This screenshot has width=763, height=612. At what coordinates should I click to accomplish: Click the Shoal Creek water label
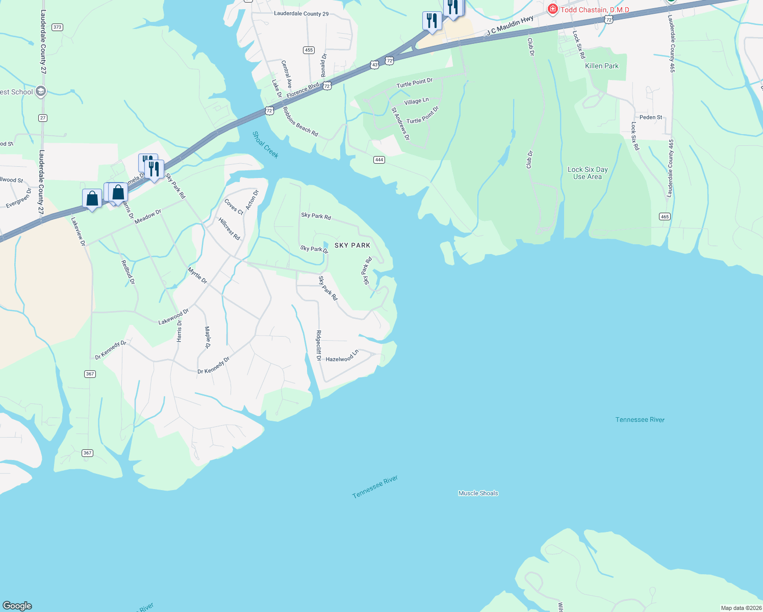266,145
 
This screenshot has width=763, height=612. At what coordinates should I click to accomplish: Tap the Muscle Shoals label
478,493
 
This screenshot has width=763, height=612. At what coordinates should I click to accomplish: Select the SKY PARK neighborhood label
352,245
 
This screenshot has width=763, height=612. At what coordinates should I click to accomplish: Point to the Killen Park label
602,66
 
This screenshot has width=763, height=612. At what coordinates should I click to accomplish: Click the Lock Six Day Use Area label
588,173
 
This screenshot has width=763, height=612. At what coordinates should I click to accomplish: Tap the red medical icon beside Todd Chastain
552,9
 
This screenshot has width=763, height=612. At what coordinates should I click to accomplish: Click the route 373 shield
57,27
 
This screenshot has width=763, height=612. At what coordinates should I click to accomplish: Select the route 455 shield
309,50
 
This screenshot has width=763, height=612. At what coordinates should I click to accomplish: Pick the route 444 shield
378,160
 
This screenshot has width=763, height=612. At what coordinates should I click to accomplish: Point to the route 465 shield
664,217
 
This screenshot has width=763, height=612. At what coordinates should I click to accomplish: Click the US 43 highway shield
375,65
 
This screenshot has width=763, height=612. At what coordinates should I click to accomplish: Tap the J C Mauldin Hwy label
510,25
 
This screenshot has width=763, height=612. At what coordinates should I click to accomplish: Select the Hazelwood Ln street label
342,356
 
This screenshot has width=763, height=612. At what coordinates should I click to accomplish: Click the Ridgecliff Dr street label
319,345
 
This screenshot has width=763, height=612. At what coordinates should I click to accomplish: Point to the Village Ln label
417,101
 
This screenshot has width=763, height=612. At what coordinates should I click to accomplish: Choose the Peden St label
651,117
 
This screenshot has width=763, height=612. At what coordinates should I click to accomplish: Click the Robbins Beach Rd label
300,121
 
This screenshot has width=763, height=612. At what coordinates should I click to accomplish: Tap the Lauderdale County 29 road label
301,14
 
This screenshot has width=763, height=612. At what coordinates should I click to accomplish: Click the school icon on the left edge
41,92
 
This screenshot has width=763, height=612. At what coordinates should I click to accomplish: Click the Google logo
17,606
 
